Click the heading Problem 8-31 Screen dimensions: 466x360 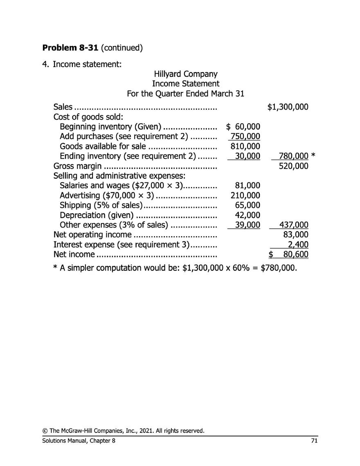click(x=70, y=47)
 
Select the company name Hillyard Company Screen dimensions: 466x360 click(x=185, y=74)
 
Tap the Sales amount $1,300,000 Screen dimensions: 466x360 click(x=287, y=107)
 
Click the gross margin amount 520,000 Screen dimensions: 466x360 click(x=293, y=166)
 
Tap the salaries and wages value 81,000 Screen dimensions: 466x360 click(x=248, y=186)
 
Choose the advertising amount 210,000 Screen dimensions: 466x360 click(x=245, y=196)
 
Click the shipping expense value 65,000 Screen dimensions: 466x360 click(x=248, y=205)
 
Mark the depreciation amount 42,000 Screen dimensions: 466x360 click(x=248, y=215)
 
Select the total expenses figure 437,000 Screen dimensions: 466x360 click(x=293, y=225)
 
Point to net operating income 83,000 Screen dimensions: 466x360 click(x=296, y=235)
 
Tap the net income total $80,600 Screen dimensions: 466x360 click(x=288, y=254)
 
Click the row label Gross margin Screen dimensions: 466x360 click(x=77, y=166)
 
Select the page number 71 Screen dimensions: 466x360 click(x=314, y=441)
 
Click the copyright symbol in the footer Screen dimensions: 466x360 click(x=45, y=431)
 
